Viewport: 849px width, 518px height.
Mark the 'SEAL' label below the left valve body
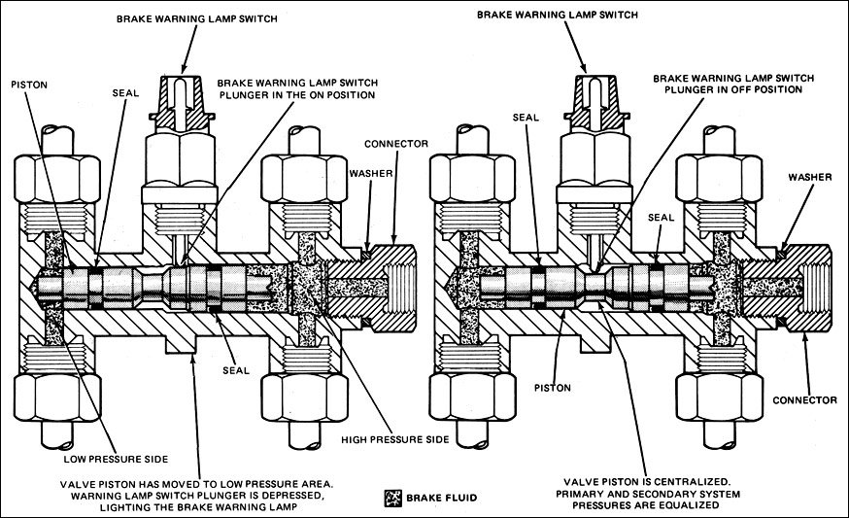click(236, 370)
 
